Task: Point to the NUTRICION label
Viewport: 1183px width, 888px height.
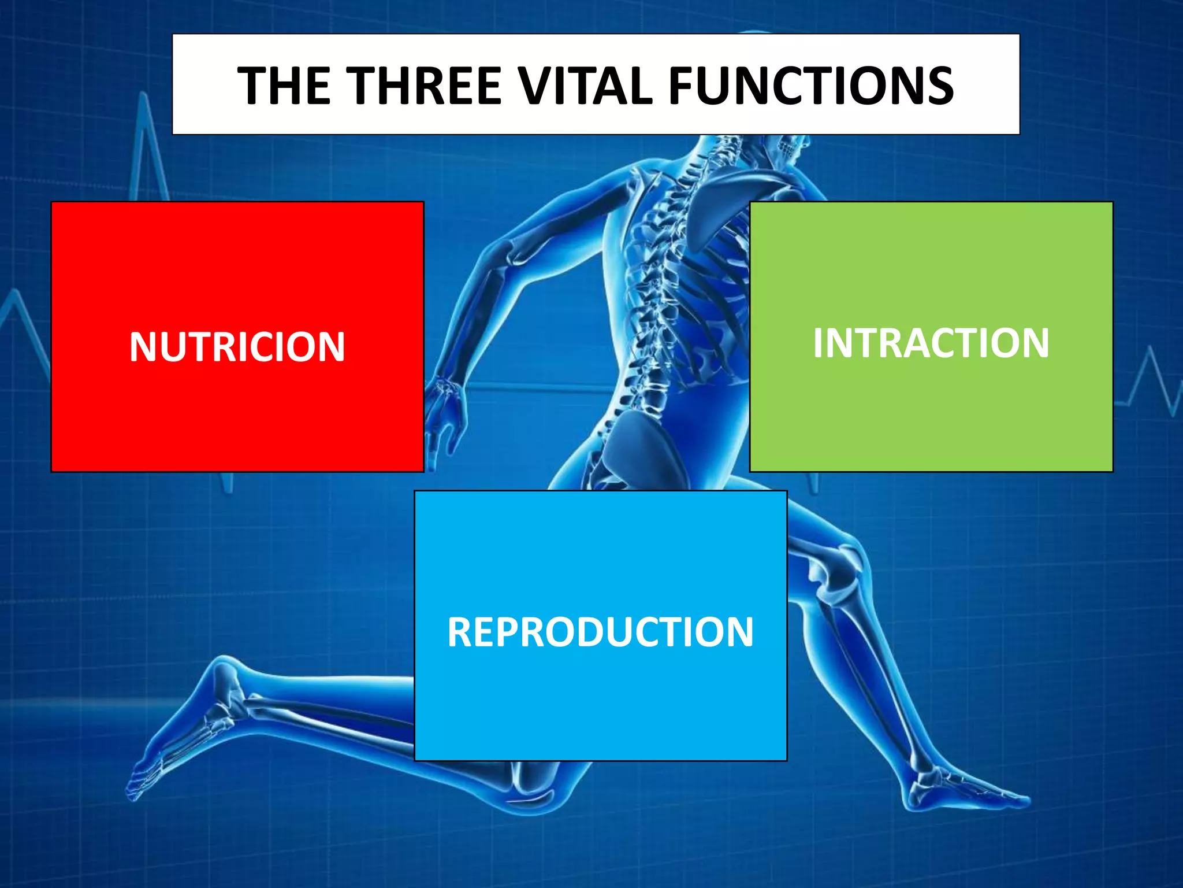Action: pos(237,347)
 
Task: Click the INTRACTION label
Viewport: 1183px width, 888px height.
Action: pos(931,343)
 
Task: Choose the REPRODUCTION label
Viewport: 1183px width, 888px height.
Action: pos(600,632)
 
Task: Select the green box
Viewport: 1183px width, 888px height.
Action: pos(931,416)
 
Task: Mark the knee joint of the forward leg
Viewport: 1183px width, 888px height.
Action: pos(832,572)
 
